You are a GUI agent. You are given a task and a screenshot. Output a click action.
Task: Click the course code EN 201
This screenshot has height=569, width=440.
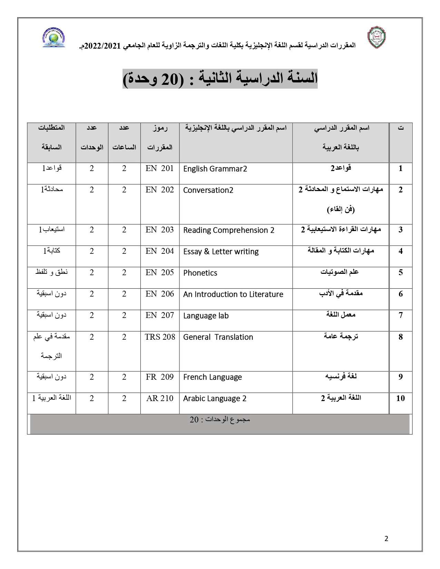tap(160, 169)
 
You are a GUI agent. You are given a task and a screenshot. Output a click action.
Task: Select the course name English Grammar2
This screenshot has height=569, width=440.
tap(215, 169)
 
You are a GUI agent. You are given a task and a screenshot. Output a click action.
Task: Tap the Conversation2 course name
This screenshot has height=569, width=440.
tap(208, 190)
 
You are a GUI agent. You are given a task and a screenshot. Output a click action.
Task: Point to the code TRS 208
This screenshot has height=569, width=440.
tap(160, 337)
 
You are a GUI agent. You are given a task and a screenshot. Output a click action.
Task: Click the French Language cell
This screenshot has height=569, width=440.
tap(212, 377)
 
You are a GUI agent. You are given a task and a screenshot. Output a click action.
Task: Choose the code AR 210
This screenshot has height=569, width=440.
tap(160, 398)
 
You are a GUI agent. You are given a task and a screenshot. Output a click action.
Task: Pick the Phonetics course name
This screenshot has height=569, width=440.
tap(200, 273)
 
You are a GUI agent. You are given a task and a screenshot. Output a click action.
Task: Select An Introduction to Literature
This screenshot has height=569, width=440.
tap(233, 295)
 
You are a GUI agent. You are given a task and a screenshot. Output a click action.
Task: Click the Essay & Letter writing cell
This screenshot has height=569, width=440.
tap(221, 252)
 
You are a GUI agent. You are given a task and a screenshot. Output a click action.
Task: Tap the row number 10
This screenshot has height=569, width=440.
tap(400, 398)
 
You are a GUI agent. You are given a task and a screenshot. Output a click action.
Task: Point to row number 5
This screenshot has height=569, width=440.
tap(400, 272)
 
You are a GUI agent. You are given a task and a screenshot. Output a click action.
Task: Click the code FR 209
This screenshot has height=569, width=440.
tap(160, 377)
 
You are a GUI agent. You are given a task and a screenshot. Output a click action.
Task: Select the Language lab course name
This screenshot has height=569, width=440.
tap(206, 316)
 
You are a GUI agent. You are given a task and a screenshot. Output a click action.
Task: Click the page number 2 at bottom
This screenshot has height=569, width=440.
tap(386, 539)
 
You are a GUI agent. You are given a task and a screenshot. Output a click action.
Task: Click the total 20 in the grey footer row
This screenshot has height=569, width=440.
tap(194, 420)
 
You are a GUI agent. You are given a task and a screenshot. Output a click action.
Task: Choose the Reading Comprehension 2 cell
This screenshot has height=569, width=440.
tap(228, 230)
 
